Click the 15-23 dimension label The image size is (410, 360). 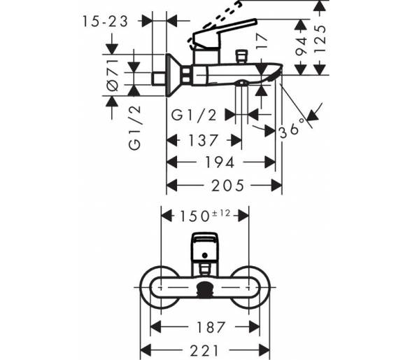pyautogui.click(x=105, y=21)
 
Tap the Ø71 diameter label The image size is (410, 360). pyautogui.click(x=113, y=75)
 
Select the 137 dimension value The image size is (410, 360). pyautogui.click(x=203, y=140)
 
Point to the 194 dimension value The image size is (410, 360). pyautogui.click(x=220, y=162)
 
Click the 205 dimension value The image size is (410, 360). pyautogui.click(x=227, y=186)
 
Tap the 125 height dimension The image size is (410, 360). pyautogui.click(x=320, y=39)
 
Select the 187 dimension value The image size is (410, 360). pyautogui.click(x=211, y=327)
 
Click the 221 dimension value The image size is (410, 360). pyautogui.click(x=204, y=351)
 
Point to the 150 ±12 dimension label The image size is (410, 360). pyautogui.click(x=204, y=216)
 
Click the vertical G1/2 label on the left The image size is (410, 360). pyautogui.click(x=134, y=127)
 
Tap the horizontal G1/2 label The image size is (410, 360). pyautogui.click(x=194, y=115)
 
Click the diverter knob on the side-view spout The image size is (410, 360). pyautogui.click(x=241, y=57)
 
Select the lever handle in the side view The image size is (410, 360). pyautogui.click(x=225, y=34)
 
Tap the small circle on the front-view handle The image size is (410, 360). pyautogui.click(x=205, y=255)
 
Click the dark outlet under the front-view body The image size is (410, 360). pyautogui.click(x=205, y=291)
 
